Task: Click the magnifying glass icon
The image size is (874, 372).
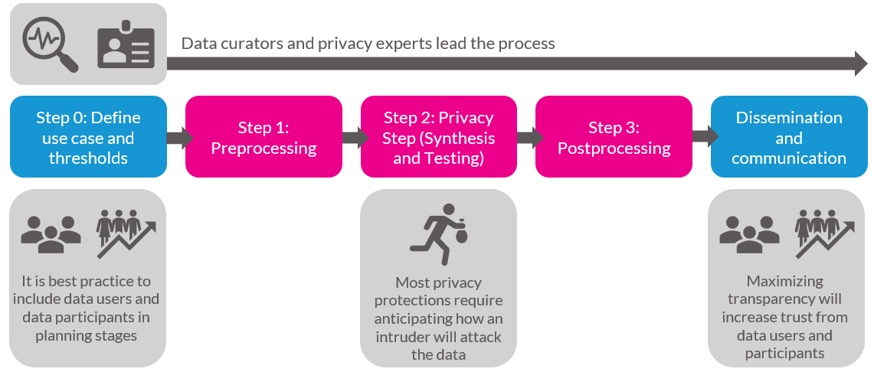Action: pyautogui.click(x=50, y=46)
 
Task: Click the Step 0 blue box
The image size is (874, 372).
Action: pyautogui.click(x=89, y=137)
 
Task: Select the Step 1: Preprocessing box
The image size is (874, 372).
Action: pyautogui.click(x=264, y=137)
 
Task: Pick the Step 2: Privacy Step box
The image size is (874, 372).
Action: pyautogui.click(x=439, y=137)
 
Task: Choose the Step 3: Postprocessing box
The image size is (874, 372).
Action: pyautogui.click(x=614, y=137)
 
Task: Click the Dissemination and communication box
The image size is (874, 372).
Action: pyautogui.click(x=789, y=137)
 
